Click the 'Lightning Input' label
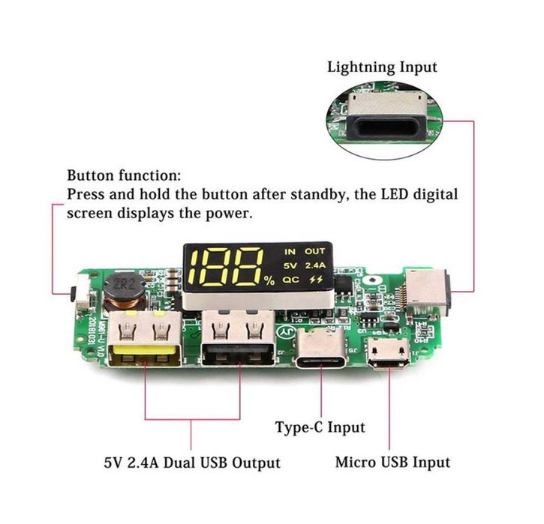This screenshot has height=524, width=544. [x=382, y=67]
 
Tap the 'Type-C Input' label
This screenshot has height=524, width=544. [x=320, y=427]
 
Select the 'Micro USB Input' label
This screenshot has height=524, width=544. [x=393, y=462]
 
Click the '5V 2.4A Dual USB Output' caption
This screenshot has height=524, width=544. [x=192, y=462]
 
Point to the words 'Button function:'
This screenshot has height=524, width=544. [x=124, y=176]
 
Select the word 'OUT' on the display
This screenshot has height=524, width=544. [x=315, y=251]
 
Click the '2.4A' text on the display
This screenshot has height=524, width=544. [x=316, y=265]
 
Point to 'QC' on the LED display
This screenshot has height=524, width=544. [x=291, y=279]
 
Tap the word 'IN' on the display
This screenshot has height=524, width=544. [x=290, y=251]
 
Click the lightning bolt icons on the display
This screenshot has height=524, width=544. [x=316, y=279]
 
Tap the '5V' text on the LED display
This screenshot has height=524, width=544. [x=290, y=265]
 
